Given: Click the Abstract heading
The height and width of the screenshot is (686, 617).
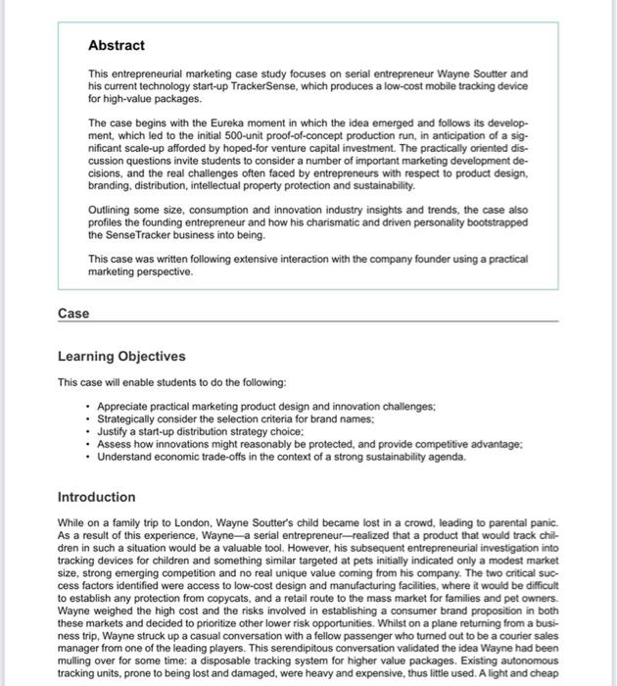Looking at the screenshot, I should coord(116,45).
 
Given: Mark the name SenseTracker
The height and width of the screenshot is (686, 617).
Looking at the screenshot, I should coord(143,235).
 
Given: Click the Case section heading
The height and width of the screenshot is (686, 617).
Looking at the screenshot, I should coord(72,314).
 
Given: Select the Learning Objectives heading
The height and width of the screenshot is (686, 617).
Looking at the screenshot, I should coord(121,356).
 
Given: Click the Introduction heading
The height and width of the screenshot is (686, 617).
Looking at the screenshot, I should coord(96,497).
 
